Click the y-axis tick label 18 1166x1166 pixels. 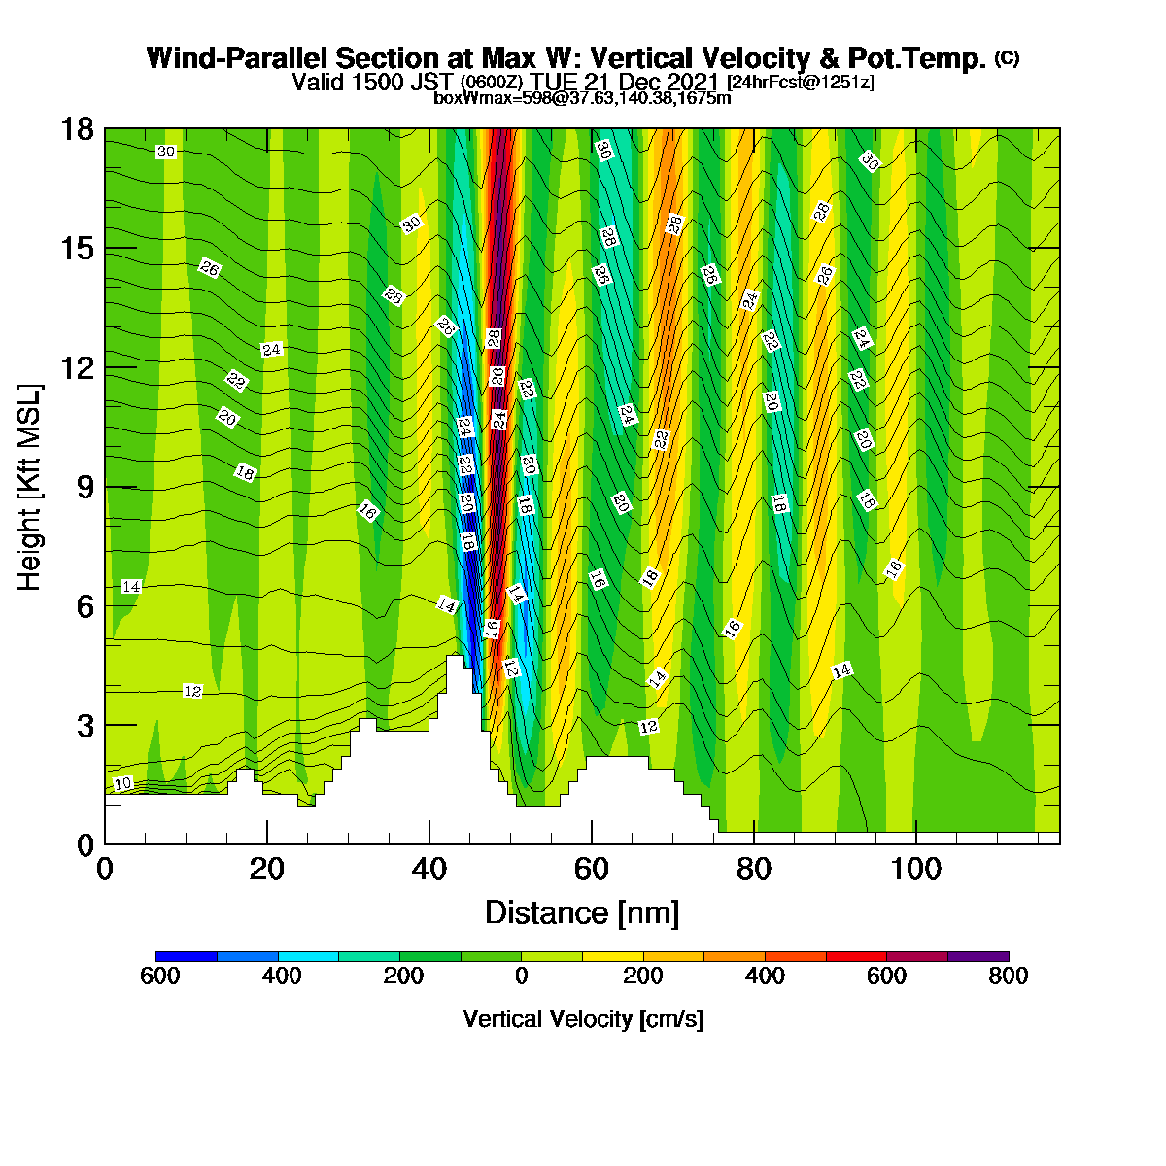tap(77, 128)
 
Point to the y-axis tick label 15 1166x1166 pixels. tap(77, 248)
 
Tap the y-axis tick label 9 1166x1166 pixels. tap(86, 487)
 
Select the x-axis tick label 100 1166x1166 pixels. tap(915, 870)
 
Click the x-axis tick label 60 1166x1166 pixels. tap(591, 870)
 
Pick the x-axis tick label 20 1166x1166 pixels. tap(267, 870)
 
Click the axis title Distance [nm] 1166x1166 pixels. tap(582, 913)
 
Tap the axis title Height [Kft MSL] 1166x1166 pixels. tap(28, 487)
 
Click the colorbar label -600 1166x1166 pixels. tap(156, 976)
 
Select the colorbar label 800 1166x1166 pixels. tap(1008, 976)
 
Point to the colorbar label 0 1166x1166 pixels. tap(521, 976)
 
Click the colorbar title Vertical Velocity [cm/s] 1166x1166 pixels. tap(583, 1019)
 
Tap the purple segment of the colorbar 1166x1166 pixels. tap(977, 956)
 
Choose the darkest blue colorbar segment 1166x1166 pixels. tap(187, 956)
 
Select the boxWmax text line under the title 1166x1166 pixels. tap(582, 97)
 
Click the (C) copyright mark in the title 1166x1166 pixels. tap(1007, 58)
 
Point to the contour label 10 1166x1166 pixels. tap(122, 783)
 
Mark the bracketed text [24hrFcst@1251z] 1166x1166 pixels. tap(800, 82)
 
